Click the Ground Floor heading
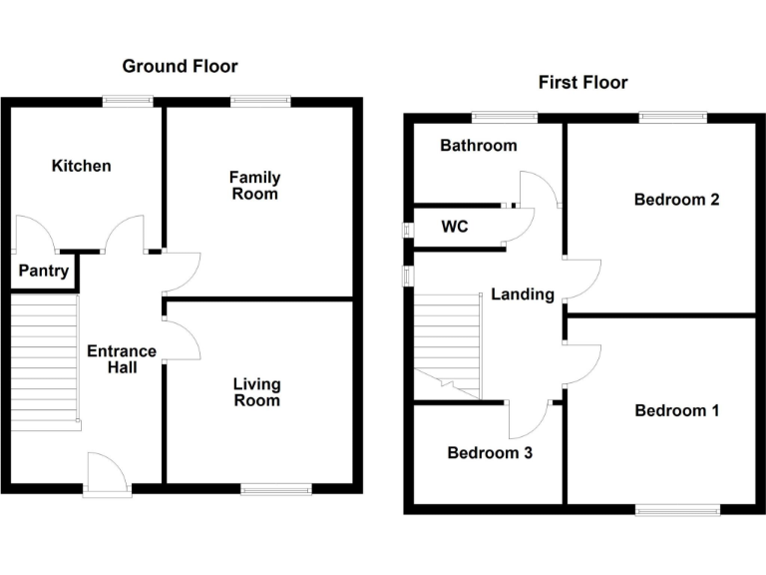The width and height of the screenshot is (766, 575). tap(180, 67)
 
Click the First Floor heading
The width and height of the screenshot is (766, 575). tap(582, 82)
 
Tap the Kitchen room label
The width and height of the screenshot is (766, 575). tap(82, 166)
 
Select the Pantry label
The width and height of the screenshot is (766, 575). tap(44, 271)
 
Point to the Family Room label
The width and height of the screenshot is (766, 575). tap(255, 186)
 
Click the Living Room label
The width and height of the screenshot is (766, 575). tap(256, 392)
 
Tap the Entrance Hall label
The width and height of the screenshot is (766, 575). tap(122, 359)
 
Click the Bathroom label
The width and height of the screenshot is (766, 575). tap(479, 146)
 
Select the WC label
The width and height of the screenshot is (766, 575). tap(455, 227)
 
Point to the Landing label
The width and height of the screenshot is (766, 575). tap(522, 294)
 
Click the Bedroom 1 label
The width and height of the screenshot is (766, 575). tap(676, 410)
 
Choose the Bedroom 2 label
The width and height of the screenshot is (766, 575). tap(676, 200)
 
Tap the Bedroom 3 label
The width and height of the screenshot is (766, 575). tap(489, 453)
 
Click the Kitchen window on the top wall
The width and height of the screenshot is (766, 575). tap(128, 99)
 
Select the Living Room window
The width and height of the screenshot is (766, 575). tap(275, 488)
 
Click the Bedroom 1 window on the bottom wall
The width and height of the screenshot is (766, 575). tap(677, 509)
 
